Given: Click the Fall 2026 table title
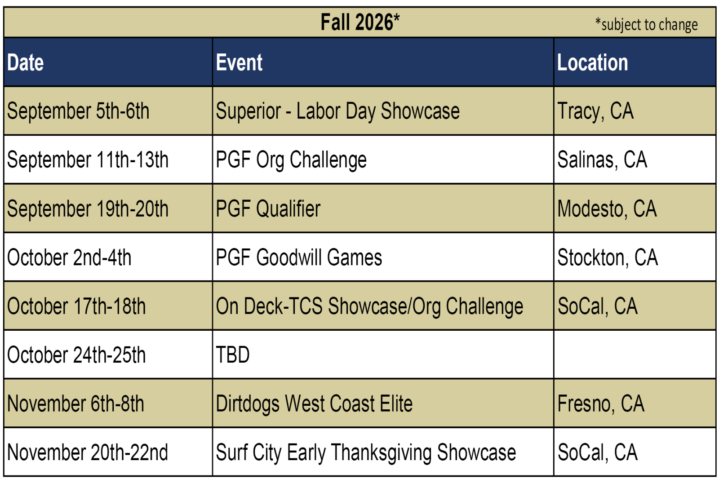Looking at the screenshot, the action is tap(360, 22).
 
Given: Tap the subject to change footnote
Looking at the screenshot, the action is tap(646, 24).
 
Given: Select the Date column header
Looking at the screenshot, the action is tap(25, 62).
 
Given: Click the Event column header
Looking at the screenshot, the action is tap(239, 62).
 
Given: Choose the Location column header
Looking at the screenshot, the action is tap(593, 62).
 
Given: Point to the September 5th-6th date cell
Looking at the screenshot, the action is tap(78, 111).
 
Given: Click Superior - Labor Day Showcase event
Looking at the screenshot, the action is tap(337, 111).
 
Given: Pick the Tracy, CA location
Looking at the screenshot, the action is tap(595, 111).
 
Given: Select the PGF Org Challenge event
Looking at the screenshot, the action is tap(291, 160).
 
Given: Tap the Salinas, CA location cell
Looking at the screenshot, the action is tap(602, 160).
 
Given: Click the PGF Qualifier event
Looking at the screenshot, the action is tap(268, 208).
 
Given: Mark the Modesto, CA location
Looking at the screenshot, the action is tap(607, 208).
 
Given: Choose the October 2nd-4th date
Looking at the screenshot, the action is tap(69, 257).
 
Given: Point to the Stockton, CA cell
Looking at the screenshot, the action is tap(608, 257).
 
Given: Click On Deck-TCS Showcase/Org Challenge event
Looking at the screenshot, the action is tap(369, 306).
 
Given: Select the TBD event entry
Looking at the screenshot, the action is tap(233, 355).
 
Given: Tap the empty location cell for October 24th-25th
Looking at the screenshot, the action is tap(635, 355).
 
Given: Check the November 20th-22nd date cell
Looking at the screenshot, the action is tap(87, 452).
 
